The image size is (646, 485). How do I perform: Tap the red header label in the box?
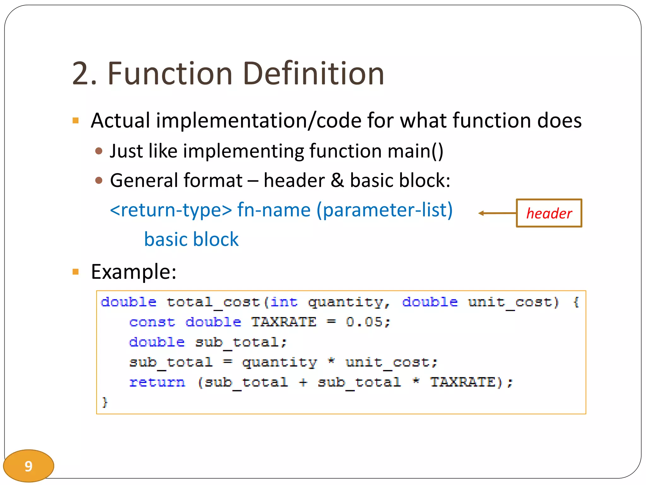(549, 213)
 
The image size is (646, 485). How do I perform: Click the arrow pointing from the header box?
(497, 213)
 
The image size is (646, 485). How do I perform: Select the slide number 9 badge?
(28, 466)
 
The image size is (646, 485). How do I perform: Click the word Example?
(133, 272)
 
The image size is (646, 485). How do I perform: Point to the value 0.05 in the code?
(364, 322)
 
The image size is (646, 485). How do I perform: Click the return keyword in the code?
(157, 382)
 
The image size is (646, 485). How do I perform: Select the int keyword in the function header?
(284, 302)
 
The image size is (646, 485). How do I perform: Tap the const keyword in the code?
(152, 322)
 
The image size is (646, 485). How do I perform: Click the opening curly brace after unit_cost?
(576, 302)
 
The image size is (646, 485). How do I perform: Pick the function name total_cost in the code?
(213, 302)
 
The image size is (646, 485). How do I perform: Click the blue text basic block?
(191, 239)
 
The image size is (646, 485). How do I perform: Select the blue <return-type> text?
(171, 210)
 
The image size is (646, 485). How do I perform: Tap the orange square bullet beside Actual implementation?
(75, 121)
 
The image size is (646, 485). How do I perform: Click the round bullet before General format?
(99, 180)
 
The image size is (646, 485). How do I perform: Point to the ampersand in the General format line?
(337, 180)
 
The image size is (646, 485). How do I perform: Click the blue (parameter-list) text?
(385, 210)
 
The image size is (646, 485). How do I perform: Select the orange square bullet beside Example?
(75, 272)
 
